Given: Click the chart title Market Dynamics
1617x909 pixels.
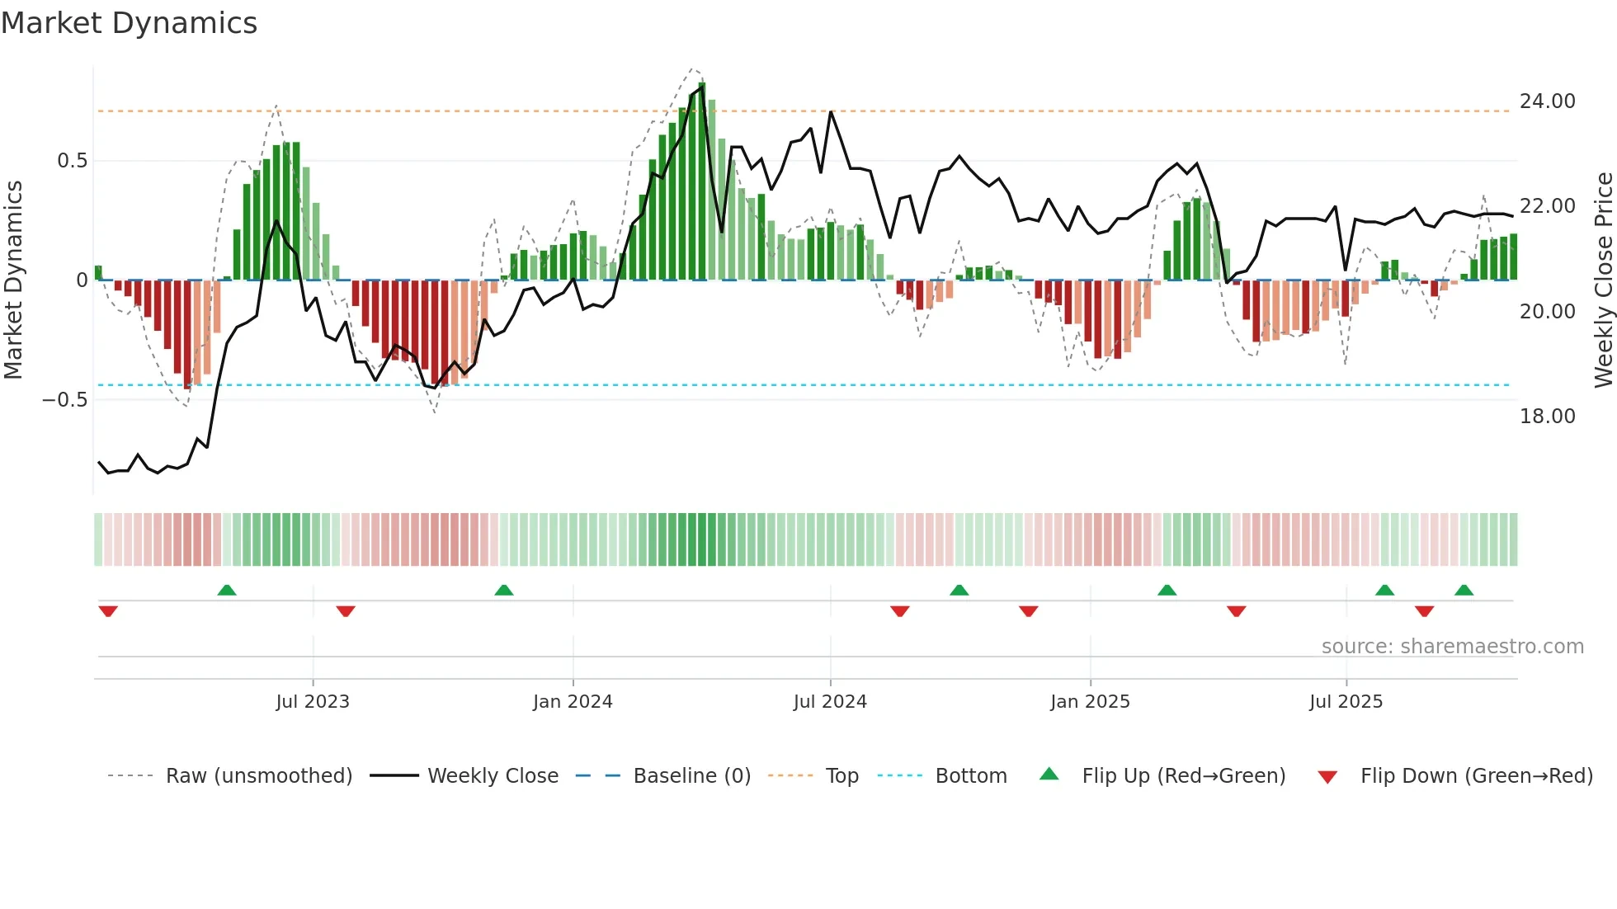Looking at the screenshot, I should pos(129,23).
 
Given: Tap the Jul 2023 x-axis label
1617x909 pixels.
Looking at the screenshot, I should pos(313,702).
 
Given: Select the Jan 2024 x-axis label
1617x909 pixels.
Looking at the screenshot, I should pos(573,702).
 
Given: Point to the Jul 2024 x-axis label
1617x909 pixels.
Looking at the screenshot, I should pos(830,702).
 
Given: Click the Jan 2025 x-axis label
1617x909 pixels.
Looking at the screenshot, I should pos(1090,702).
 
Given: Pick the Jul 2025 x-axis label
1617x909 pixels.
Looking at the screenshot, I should pos(1346,702).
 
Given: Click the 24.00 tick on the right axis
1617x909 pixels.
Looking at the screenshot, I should pos(1547,101).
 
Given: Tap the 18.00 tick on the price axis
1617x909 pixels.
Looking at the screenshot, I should pos(1547,417).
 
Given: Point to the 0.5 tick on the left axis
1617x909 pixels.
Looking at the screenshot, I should pos(72,161).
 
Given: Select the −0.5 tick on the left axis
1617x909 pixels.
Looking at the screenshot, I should pos(64,400).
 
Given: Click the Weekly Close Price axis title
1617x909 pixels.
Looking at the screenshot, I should pos(1603,280).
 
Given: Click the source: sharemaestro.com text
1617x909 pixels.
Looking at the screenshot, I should pos(1452,647).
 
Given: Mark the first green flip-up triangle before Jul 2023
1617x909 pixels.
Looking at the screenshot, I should pos(227,590).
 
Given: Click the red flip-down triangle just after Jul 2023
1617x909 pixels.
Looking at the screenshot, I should pos(346,611).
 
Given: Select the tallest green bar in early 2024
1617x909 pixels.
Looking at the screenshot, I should pos(702,181).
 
